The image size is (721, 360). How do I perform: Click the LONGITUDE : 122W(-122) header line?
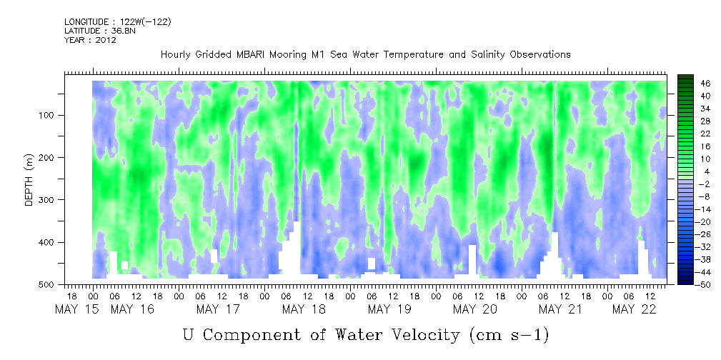(x=118, y=21)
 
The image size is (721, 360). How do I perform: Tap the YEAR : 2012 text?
(x=90, y=40)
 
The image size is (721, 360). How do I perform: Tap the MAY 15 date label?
(x=76, y=309)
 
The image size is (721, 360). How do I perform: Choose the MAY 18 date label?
(x=304, y=309)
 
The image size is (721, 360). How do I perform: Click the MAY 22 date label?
(x=634, y=309)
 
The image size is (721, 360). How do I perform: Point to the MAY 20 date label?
(x=475, y=309)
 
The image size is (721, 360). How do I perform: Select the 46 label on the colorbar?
(x=706, y=84)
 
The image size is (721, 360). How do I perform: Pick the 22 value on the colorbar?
(x=706, y=136)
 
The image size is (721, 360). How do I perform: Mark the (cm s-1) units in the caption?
(x=509, y=335)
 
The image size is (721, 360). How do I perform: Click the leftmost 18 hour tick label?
(x=71, y=296)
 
